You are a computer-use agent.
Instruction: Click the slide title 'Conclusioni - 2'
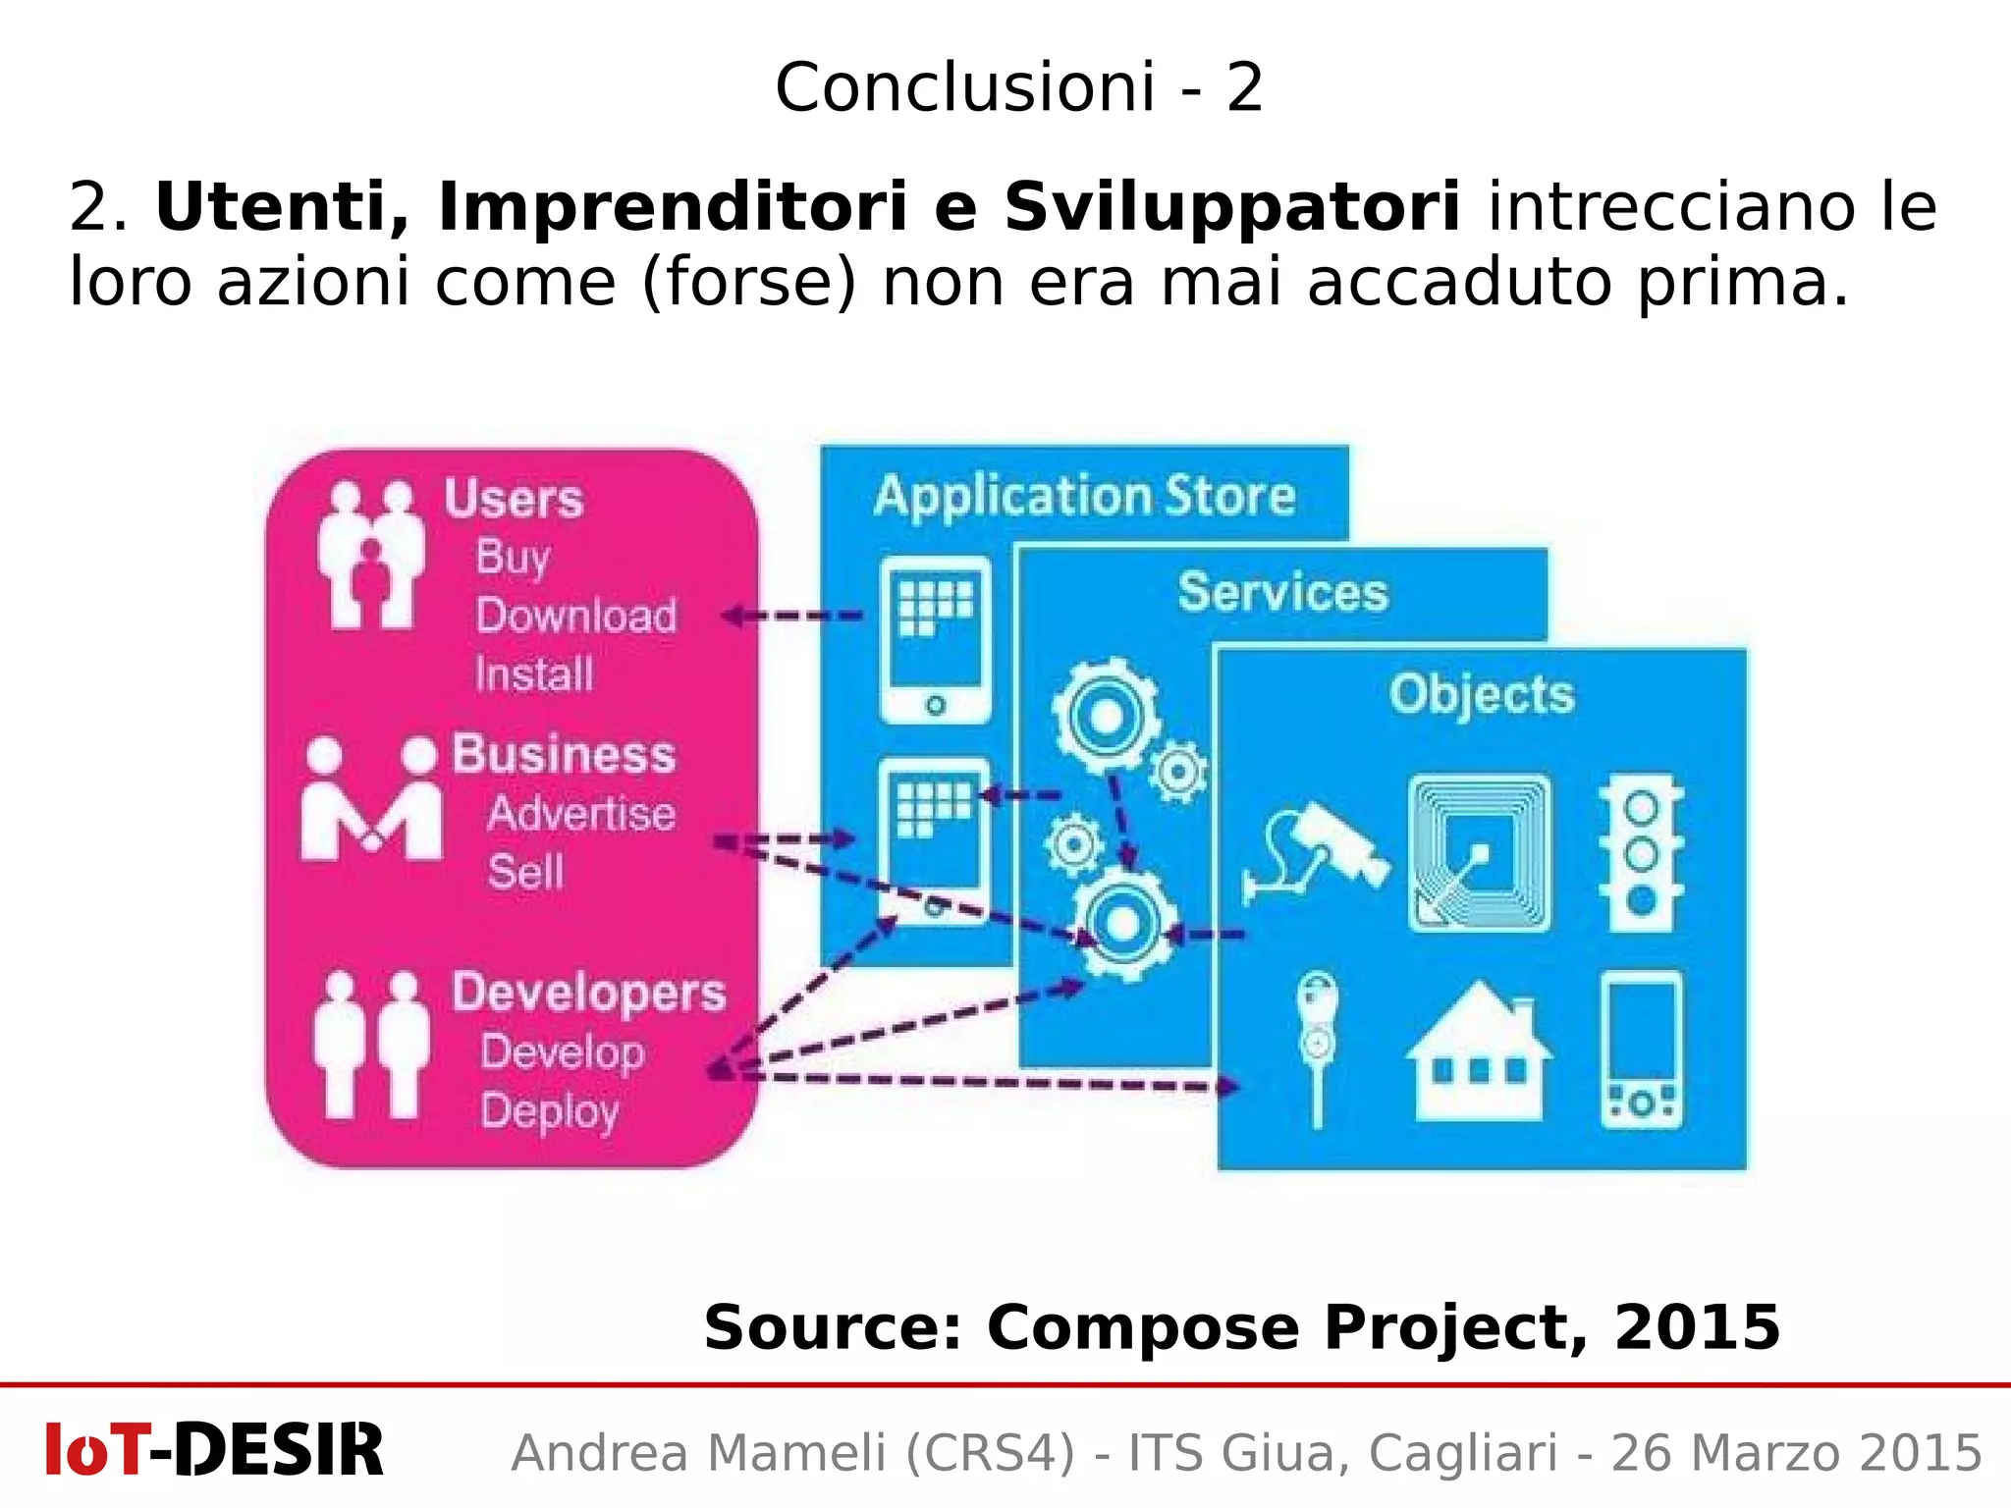pyautogui.click(x=1018, y=87)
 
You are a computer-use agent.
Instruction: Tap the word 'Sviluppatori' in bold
pyautogui.click(x=1231, y=207)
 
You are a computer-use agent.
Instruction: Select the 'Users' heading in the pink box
pyautogui.click(x=514, y=499)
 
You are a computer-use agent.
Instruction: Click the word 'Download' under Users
pyautogui.click(x=576, y=617)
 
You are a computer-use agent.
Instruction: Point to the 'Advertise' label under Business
pyautogui.click(x=581, y=814)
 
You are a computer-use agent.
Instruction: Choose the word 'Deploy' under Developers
pyautogui.click(x=550, y=1111)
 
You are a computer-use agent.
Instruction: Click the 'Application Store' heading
pyautogui.click(x=1084, y=496)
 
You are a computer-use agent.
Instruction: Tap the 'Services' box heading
pyautogui.click(x=1282, y=592)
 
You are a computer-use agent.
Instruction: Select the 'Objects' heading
pyautogui.click(x=1481, y=694)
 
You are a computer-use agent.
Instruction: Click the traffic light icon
pyautogui.click(x=1641, y=853)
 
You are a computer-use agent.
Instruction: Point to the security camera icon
pyautogui.click(x=1316, y=851)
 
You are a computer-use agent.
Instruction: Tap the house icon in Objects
pyautogui.click(x=1479, y=1052)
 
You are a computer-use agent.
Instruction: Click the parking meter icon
pyautogui.click(x=1317, y=1047)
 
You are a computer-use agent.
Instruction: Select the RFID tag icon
pyautogui.click(x=1479, y=853)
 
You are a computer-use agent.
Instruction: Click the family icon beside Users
pyautogui.click(x=371, y=555)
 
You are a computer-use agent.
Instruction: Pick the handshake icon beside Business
pyautogui.click(x=371, y=800)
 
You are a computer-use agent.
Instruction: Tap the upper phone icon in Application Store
pyautogui.click(x=935, y=639)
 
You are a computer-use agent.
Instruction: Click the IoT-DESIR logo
pyautogui.click(x=214, y=1450)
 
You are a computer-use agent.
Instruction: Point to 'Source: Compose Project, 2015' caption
pyautogui.click(x=1241, y=1327)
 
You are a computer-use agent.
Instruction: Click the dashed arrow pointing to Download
pyautogui.click(x=793, y=617)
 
